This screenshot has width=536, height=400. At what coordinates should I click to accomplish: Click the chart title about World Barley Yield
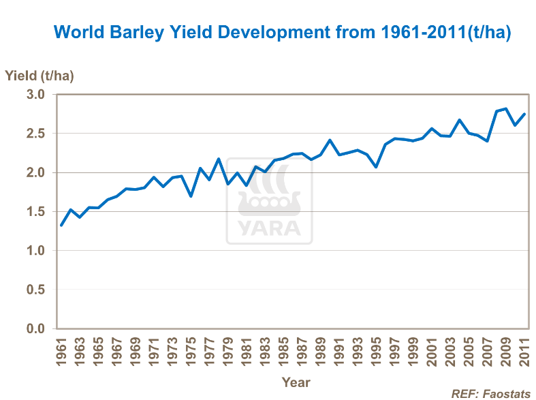click(x=282, y=32)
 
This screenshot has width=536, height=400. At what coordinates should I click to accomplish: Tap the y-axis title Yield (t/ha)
click(x=40, y=76)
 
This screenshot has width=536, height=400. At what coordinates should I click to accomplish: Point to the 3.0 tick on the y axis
click(x=35, y=95)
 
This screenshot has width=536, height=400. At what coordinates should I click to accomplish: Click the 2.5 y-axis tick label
click(x=35, y=134)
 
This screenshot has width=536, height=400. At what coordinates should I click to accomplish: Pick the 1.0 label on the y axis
click(x=35, y=251)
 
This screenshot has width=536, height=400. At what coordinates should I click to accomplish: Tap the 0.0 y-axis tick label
click(x=35, y=330)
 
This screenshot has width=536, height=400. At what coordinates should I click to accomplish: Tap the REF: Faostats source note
click(x=491, y=393)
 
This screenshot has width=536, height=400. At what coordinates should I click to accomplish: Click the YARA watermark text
click(x=269, y=228)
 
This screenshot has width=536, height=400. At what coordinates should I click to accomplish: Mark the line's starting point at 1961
click(x=61, y=225)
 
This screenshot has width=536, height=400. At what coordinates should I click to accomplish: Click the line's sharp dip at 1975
click(x=191, y=196)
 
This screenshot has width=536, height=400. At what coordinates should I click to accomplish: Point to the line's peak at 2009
click(x=505, y=108)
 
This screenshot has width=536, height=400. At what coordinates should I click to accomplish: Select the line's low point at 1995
click(x=376, y=167)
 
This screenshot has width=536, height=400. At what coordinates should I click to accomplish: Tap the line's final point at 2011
click(x=524, y=114)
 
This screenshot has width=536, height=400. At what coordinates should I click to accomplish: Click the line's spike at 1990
click(x=330, y=140)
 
